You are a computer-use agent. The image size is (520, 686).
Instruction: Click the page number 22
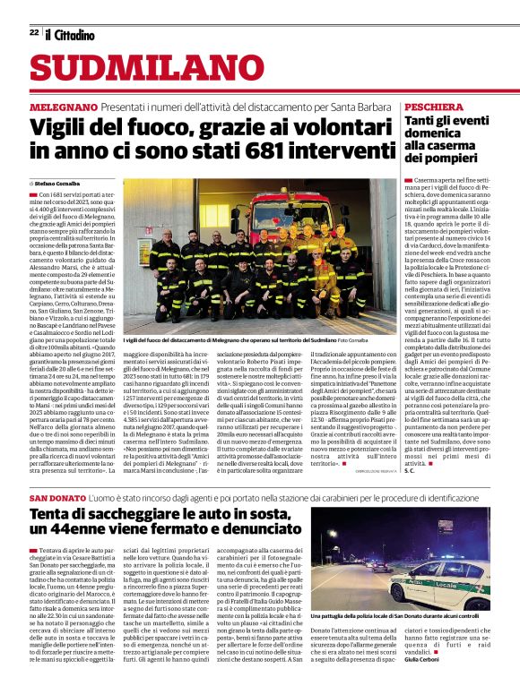click(33, 33)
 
